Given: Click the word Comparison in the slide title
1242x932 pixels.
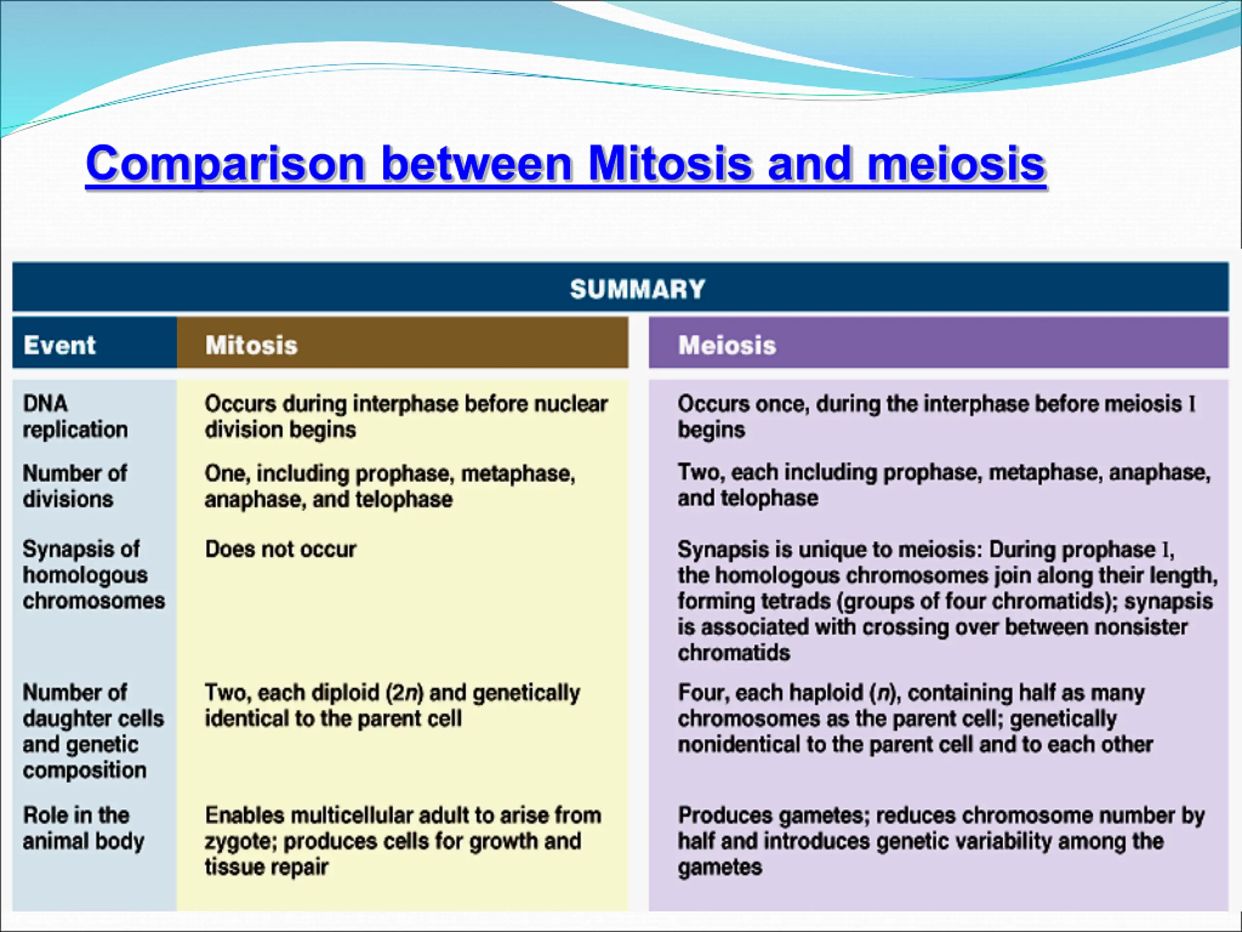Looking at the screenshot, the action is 226,164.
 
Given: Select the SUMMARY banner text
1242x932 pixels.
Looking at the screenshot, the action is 637,289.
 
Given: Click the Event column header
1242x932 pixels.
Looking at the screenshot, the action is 60,345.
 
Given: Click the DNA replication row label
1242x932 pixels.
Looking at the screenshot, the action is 75,416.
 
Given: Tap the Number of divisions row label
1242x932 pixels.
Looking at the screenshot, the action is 75,486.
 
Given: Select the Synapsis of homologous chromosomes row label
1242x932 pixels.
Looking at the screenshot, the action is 94,575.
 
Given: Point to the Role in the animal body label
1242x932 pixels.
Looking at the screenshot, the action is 83,828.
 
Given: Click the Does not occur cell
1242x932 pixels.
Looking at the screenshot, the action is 280,549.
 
